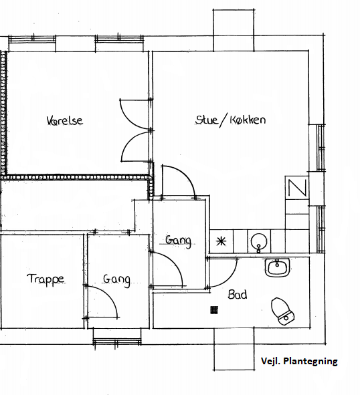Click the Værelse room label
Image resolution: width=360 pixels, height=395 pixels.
tap(65, 120)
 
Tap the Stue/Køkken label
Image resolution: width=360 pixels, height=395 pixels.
tap(230, 120)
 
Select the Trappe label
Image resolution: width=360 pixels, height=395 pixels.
tap(46, 279)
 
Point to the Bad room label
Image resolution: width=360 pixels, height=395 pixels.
tap(238, 294)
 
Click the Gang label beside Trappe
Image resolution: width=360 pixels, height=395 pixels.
tap(116, 280)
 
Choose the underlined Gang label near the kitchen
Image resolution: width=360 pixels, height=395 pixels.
tap(178, 241)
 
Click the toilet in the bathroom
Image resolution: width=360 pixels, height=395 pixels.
tap(283, 311)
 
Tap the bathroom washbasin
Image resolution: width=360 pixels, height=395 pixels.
tap(277, 267)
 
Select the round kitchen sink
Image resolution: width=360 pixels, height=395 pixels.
tap(259, 242)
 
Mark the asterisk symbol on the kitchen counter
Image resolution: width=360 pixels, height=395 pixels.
tap(221, 242)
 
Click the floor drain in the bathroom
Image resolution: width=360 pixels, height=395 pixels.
tap(214, 310)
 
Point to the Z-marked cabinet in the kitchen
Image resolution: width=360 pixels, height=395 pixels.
tap(297, 188)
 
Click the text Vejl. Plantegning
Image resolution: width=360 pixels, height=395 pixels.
tap(299, 361)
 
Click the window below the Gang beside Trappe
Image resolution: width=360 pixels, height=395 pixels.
tap(117, 342)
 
